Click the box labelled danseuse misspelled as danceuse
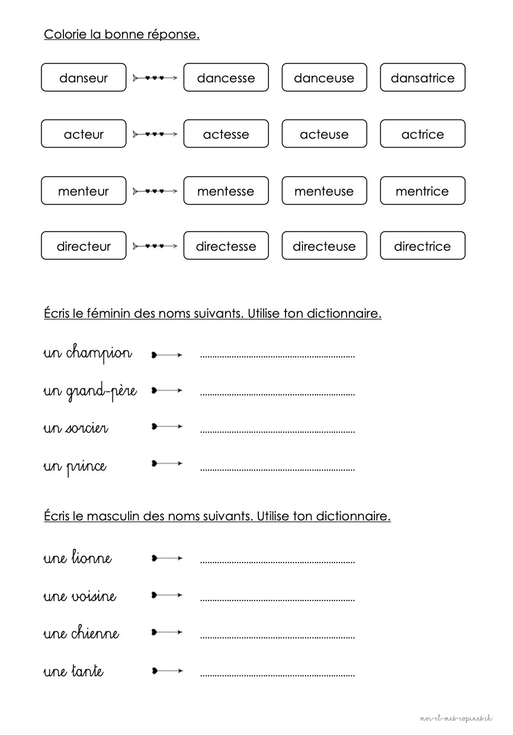coord(324,78)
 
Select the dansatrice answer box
coord(422,78)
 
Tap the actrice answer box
coord(422,134)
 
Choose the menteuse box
coord(324,191)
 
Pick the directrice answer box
coord(422,246)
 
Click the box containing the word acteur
coord(84,134)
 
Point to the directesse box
coord(226,246)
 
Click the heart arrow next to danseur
coord(155,78)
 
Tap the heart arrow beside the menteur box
coord(155,191)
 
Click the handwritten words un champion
coord(88,353)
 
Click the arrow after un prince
coord(167,463)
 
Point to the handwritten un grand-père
coord(90,392)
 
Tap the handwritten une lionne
coord(78,558)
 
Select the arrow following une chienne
coord(167,632)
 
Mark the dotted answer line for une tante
coord(277,675)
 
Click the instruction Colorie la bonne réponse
coord(121,34)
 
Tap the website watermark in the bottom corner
coord(456,718)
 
